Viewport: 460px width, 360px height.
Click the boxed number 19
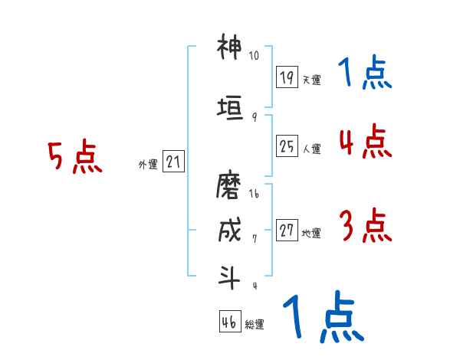tap(287, 77)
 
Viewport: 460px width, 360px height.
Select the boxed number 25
tap(287, 146)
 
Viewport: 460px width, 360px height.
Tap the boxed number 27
tap(287, 231)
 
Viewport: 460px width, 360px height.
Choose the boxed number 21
tap(173, 162)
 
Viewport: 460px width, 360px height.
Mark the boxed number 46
tap(229, 322)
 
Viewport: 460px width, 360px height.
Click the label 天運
tap(311, 80)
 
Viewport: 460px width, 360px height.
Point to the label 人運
tap(311, 149)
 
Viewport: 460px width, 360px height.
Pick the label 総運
tap(254, 325)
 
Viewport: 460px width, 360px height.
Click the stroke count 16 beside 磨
tap(255, 195)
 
